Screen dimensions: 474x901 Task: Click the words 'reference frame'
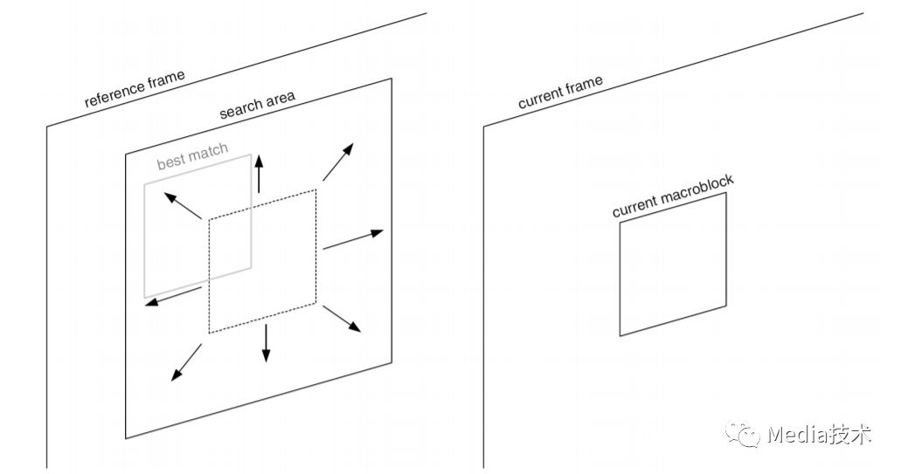coord(135,89)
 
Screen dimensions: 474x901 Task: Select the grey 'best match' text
coord(192,157)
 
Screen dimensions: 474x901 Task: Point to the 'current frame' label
coord(560,93)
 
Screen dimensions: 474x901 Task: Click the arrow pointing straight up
coord(258,174)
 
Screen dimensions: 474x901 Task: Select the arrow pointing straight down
coord(266,343)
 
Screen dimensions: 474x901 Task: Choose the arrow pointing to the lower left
coord(186,362)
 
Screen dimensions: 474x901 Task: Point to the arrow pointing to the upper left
coord(184,206)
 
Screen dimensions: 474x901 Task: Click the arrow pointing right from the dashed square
coord(353,240)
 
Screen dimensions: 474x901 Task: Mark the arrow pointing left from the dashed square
coord(176,298)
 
